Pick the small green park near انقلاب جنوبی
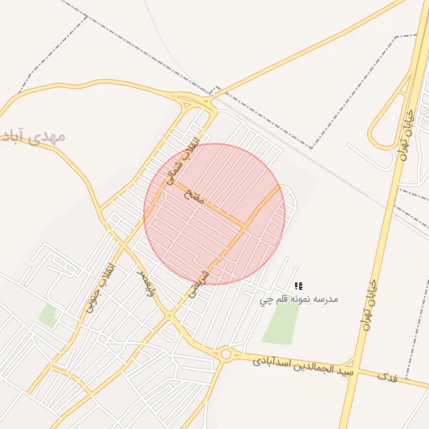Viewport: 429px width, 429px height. pos(48,316)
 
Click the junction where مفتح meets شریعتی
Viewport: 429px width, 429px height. pos(244,225)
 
